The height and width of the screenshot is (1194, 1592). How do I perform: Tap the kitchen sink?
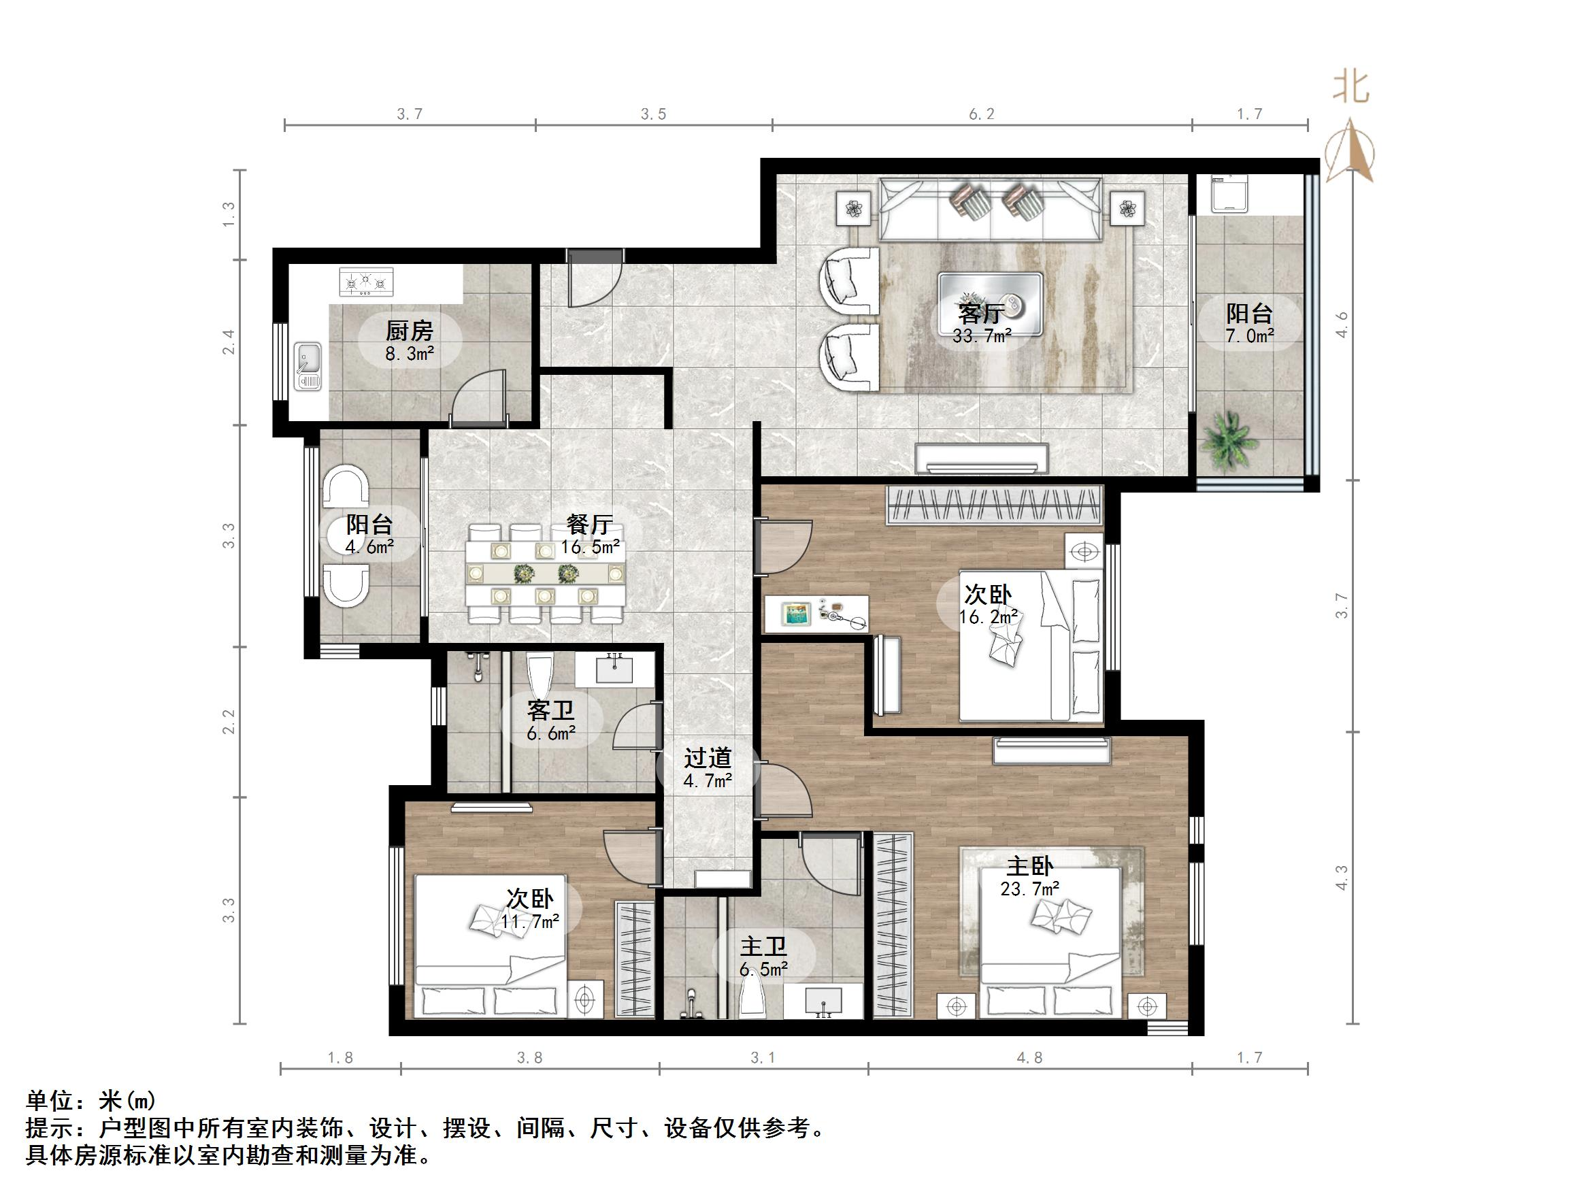tap(308, 366)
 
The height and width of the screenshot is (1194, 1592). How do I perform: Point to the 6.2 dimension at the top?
tap(981, 114)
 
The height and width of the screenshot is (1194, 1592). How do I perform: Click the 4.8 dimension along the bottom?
tap(1029, 1057)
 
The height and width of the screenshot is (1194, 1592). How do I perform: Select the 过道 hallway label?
tap(708, 758)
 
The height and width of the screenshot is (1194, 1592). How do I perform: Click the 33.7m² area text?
tap(982, 335)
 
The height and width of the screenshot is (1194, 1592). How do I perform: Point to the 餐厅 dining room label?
tap(589, 524)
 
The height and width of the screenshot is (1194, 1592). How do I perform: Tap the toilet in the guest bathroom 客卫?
tap(539, 672)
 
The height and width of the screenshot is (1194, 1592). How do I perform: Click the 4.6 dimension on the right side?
tap(1342, 324)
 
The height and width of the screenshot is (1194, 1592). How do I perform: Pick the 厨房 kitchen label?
tap(409, 331)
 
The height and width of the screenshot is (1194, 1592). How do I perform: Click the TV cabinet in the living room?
tap(981, 458)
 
